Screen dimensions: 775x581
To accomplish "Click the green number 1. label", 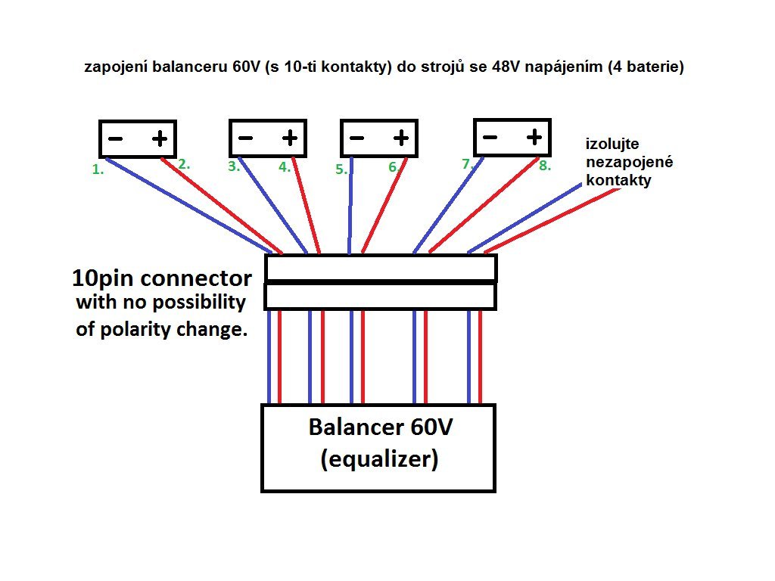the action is (x=98, y=169).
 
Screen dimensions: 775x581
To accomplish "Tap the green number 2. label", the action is (x=184, y=164).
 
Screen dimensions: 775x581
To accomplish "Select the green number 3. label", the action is (x=234, y=166).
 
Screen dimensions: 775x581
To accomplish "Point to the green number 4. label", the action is (x=285, y=167).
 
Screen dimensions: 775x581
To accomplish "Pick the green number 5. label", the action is (x=341, y=169).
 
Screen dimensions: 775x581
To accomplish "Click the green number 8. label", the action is (x=545, y=166).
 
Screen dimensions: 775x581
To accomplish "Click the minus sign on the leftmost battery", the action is (x=115, y=139).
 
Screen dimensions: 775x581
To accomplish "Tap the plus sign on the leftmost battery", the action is (x=160, y=139).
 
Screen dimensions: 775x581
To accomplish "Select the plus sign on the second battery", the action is (x=290, y=138).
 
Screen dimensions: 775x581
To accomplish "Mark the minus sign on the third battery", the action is (x=357, y=138).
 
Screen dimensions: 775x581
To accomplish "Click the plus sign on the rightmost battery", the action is (x=534, y=137).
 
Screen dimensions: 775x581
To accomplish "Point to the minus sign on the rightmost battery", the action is (x=490, y=137).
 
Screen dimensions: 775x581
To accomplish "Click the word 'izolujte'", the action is (x=612, y=144).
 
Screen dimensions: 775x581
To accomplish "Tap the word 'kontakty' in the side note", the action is (x=618, y=180).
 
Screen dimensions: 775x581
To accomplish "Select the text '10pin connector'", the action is (x=162, y=278).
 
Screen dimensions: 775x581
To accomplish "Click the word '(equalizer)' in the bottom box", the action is (x=380, y=459).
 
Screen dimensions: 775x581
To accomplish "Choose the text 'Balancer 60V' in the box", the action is (x=380, y=427).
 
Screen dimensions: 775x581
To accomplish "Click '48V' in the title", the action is (x=506, y=67).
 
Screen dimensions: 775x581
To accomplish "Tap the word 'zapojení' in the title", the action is (x=116, y=67).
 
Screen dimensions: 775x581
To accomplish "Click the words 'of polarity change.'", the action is (x=162, y=330).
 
